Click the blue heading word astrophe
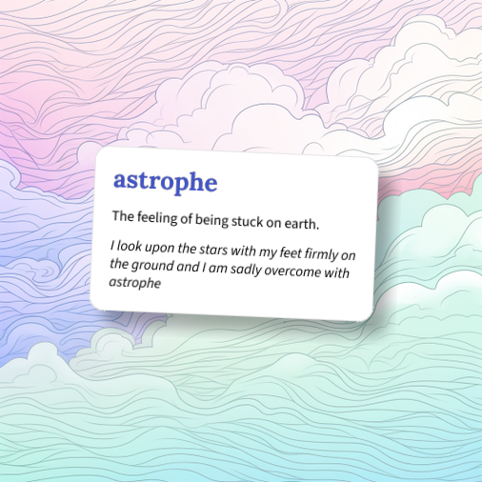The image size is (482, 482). [165, 180]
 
